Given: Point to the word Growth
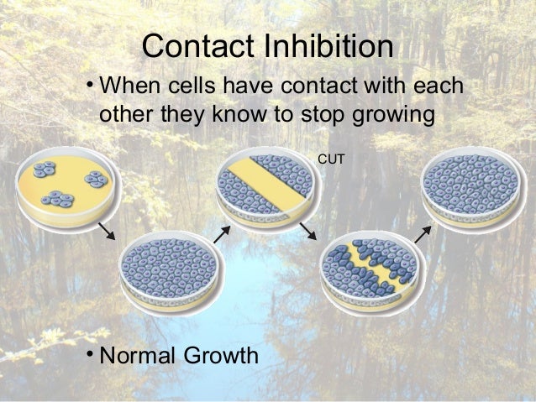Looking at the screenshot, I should [218, 356].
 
